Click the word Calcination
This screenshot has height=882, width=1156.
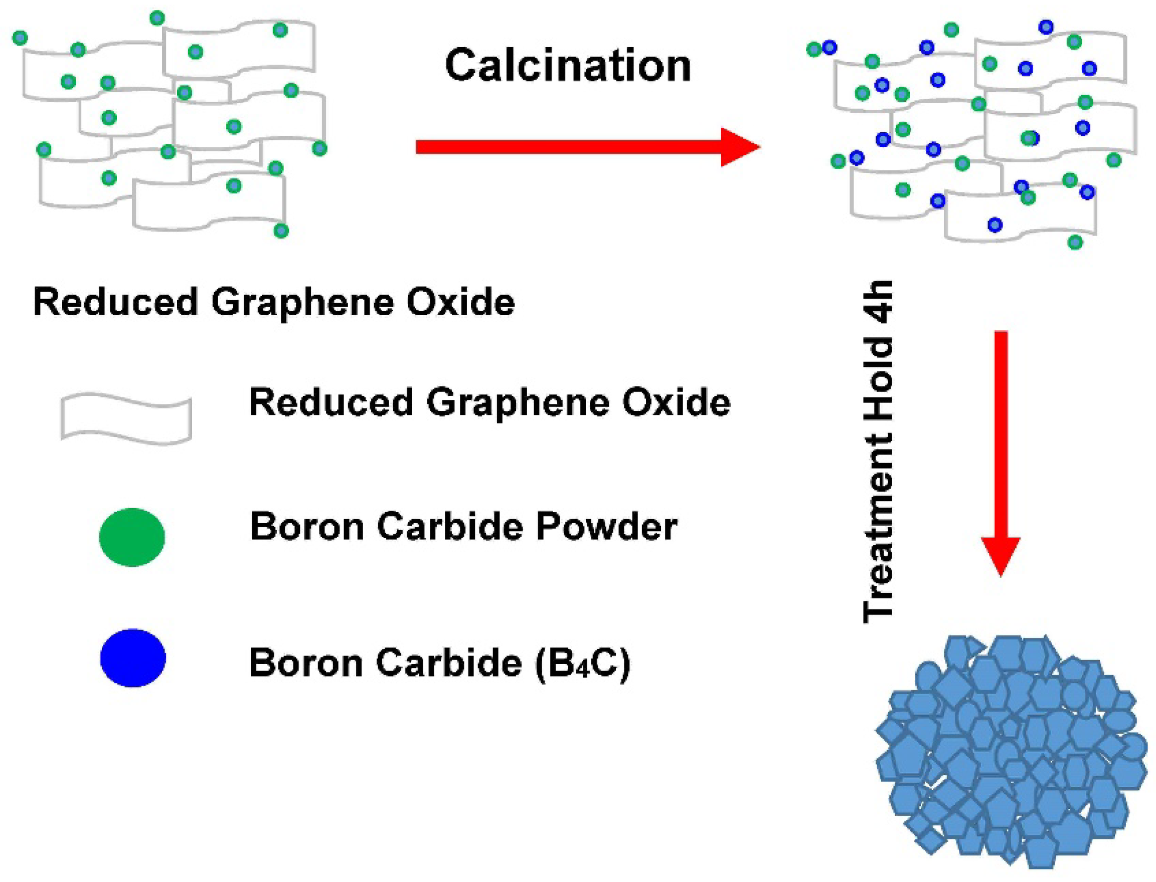(568, 66)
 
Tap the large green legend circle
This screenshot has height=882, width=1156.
(132, 537)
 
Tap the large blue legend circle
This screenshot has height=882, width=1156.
(133, 658)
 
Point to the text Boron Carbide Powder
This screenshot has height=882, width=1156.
(463, 527)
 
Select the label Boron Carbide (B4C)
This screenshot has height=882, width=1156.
(439, 663)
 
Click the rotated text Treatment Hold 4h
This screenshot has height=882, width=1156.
(879, 452)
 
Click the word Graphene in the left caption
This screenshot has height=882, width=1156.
(302, 303)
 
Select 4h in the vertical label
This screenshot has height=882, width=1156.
(879, 302)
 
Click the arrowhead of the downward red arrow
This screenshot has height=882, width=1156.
(1001, 556)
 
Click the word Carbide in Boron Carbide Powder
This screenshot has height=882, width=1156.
(450, 527)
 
